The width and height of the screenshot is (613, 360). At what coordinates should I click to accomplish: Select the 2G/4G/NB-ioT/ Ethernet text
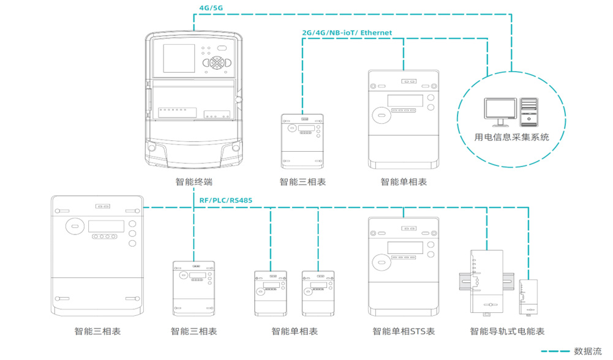click(x=347, y=32)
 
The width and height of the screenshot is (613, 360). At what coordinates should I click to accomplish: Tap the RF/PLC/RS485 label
click(x=226, y=200)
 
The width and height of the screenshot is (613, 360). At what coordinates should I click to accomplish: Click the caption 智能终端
click(x=194, y=182)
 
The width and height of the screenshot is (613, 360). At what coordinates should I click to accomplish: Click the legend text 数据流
click(x=587, y=351)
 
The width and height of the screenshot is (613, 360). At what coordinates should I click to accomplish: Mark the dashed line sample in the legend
click(x=554, y=351)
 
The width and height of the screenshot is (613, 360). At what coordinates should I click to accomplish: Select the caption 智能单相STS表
click(x=404, y=331)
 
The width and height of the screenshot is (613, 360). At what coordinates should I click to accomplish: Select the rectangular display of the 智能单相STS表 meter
click(x=405, y=247)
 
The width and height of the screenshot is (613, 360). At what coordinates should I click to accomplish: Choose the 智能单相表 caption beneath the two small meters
click(x=295, y=331)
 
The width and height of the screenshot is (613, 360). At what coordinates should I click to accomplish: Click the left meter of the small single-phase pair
click(x=270, y=293)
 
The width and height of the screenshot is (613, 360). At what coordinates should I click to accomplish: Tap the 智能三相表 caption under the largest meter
click(x=97, y=331)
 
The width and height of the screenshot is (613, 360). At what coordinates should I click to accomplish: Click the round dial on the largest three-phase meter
click(x=74, y=226)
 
